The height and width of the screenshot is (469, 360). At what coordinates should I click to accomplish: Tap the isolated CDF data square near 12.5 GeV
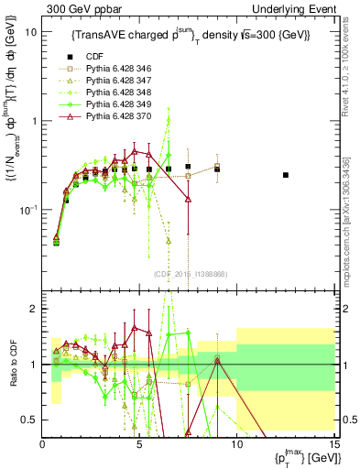click(286, 175)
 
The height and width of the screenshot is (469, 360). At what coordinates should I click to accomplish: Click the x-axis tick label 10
click(236, 444)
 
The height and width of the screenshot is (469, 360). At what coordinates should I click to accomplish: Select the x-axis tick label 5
click(139, 444)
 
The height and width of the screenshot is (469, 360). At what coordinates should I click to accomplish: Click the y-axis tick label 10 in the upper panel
click(31, 31)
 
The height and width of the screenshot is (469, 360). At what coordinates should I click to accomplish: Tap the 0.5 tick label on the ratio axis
click(30, 420)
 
